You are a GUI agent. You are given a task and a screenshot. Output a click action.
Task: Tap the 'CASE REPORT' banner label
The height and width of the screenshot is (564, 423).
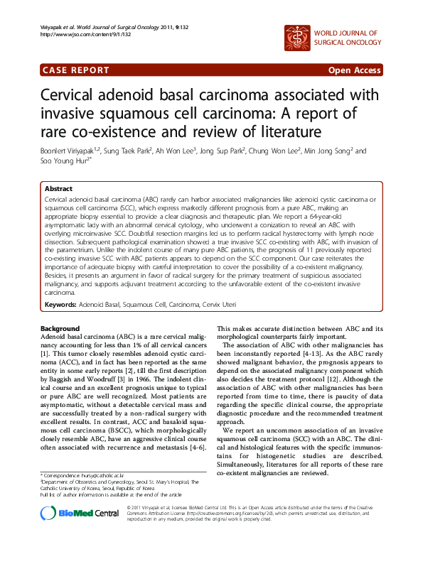click(76, 70)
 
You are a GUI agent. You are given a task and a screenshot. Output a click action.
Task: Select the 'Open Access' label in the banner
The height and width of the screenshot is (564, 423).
click(353, 70)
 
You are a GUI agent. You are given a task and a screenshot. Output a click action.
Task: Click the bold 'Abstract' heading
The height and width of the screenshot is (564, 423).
click(58, 190)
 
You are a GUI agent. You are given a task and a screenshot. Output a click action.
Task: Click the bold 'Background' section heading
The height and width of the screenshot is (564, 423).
click(60, 329)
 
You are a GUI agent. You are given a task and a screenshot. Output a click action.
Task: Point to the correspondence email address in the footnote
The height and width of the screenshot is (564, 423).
click(103, 474)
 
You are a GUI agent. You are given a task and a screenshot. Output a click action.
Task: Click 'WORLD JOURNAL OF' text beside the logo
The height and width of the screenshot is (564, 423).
click(346, 33)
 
